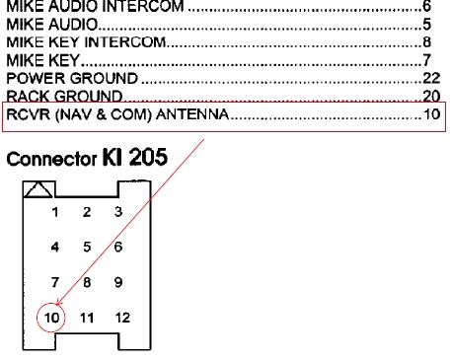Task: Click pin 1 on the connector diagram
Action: pyautogui.click(x=56, y=211)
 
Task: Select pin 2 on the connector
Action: pyautogui.click(x=87, y=211)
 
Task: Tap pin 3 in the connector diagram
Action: pyautogui.click(x=117, y=211)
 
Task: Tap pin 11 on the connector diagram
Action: pyautogui.click(x=87, y=318)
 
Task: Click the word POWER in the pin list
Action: pyautogui.click(x=32, y=78)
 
